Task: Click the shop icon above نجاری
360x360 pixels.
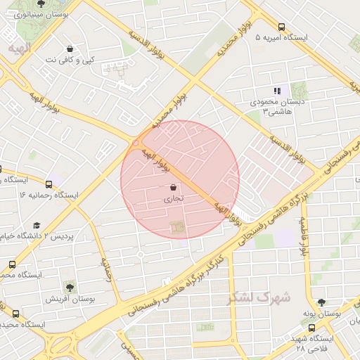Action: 174,188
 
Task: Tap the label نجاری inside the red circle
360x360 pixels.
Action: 174,199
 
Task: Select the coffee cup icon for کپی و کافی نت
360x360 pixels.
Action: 70,49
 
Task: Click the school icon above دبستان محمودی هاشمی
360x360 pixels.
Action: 277,91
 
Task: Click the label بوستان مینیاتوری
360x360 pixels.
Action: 41,14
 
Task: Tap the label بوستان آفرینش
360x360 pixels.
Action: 70,299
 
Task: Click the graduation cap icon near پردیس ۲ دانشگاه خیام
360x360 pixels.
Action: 37,225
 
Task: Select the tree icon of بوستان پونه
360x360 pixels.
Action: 321,302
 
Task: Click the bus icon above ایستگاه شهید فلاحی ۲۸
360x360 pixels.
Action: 312,327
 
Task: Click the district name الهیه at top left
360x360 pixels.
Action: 20,47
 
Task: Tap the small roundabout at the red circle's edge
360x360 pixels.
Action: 136,143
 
